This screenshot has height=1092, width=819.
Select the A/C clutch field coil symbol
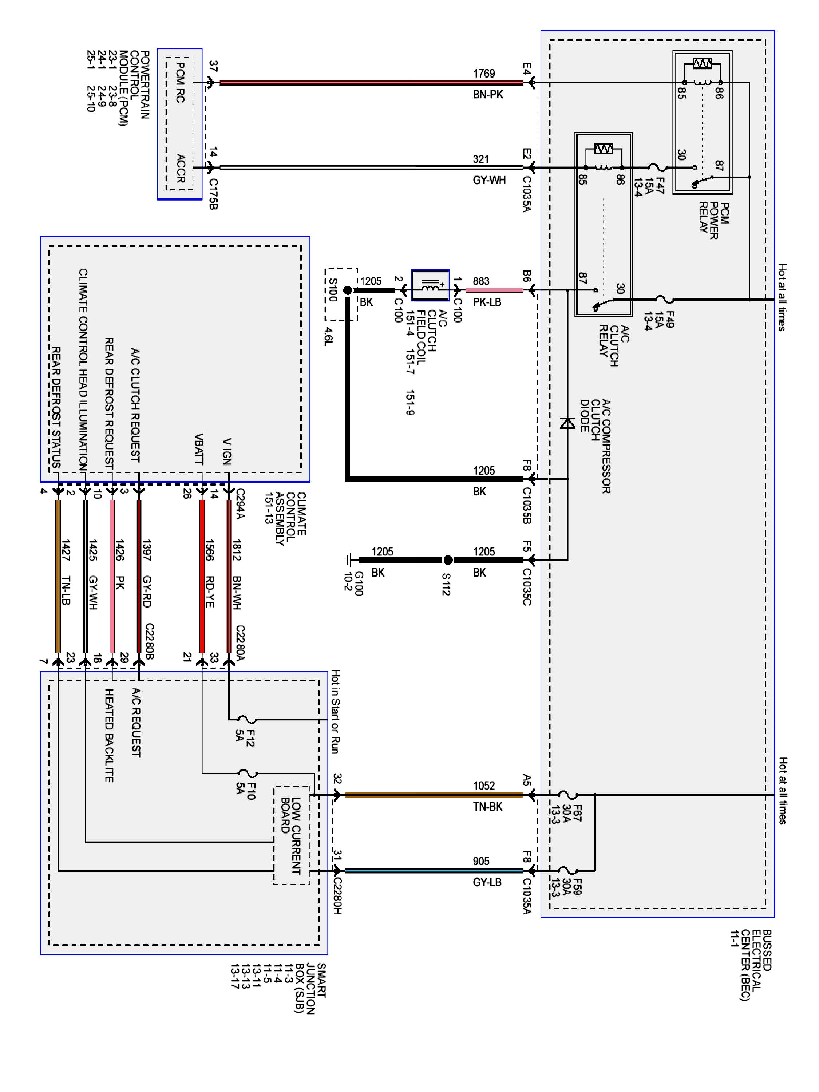pos(430,285)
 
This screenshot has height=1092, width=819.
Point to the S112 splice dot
pos(448,560)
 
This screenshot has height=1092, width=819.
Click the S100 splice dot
pos(348,290)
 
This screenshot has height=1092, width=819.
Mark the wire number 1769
pos(484,74)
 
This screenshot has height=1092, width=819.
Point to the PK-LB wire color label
pos(487,302)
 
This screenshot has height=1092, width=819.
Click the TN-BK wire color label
pos(487,807)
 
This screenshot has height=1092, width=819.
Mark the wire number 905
pos(481,862)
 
